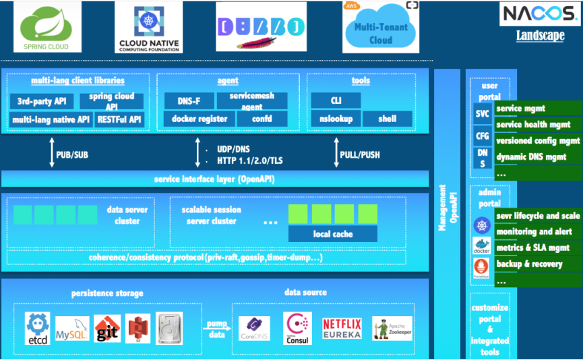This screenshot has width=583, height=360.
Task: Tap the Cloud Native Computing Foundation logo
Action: click(148, 27)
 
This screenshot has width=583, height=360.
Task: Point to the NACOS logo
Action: click(540, 14)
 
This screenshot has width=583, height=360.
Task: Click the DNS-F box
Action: click(189, 100)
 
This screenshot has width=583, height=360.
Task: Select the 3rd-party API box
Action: click(42, 101)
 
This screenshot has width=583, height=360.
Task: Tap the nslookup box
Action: click(333, 119)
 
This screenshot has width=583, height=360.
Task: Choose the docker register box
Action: click(198, 119)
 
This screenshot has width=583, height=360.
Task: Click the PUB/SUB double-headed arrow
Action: click(51, 154)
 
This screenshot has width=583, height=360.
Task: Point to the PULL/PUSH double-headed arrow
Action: click(335, 154)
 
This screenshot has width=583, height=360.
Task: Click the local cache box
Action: click(333, 234)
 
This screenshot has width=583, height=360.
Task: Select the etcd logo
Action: click(38, 327)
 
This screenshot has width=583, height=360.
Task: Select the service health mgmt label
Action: click(532, 125)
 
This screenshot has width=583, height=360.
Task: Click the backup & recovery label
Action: click(529, 264)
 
